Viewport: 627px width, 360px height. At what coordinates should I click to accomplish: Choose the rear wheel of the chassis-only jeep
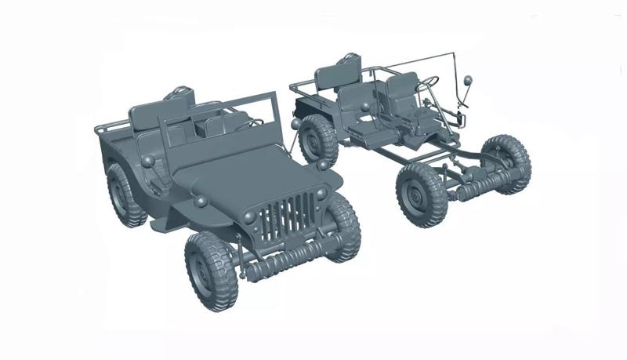317,140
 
